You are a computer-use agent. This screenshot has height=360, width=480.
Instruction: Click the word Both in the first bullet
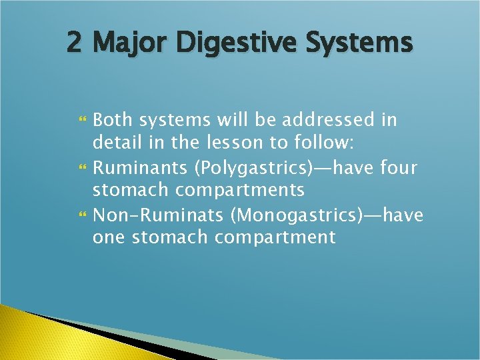click(x=112, y=121)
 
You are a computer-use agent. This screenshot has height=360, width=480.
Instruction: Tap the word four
click(x=399, y=167)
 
